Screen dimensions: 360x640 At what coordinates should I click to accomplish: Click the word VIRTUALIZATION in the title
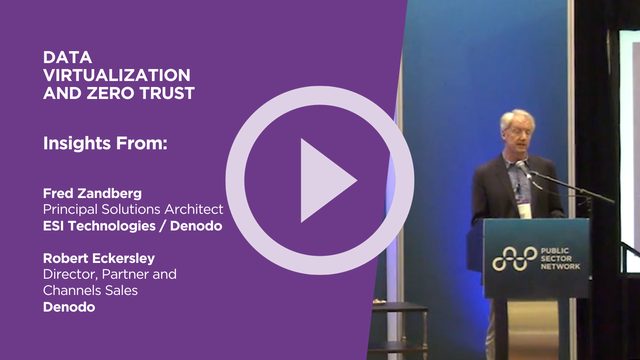(117, 76)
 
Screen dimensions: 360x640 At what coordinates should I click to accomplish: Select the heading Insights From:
(104, 143)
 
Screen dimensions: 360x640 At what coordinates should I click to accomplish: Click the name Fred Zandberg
(93, 191)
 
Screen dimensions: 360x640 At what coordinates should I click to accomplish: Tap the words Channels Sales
(90, 290)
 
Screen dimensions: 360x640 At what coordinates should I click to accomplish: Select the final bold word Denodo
(67, 307)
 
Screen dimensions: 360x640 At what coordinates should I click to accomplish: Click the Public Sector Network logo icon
(513, 258)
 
